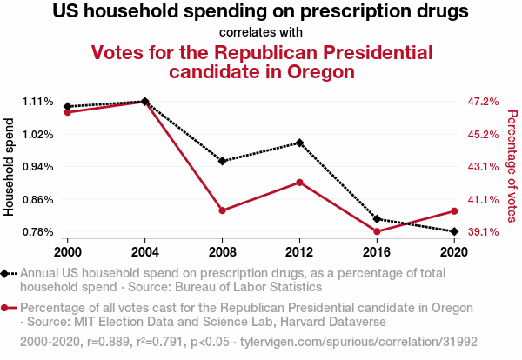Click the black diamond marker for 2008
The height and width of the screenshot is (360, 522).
(x=223, y=161)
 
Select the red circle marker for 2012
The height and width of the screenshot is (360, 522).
(x=299, y=182)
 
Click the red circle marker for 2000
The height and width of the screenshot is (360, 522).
(x=68, y=112)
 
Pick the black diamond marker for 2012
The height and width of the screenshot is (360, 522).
(x=299, y=143)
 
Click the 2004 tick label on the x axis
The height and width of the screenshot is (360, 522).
(x=145, y=251)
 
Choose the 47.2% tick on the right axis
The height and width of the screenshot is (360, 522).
(x=483, y=102)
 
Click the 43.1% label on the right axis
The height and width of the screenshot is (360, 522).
(x=483, y=167)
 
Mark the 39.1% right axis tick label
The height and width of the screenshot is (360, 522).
(x=483, y=232)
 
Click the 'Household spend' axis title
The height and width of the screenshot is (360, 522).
(x=10, y=166)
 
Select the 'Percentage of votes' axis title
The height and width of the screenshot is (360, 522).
(x=512, y=166)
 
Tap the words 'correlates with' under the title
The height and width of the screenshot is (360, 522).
(x=261, y=33)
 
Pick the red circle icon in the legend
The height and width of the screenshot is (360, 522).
(x=8, y=309)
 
